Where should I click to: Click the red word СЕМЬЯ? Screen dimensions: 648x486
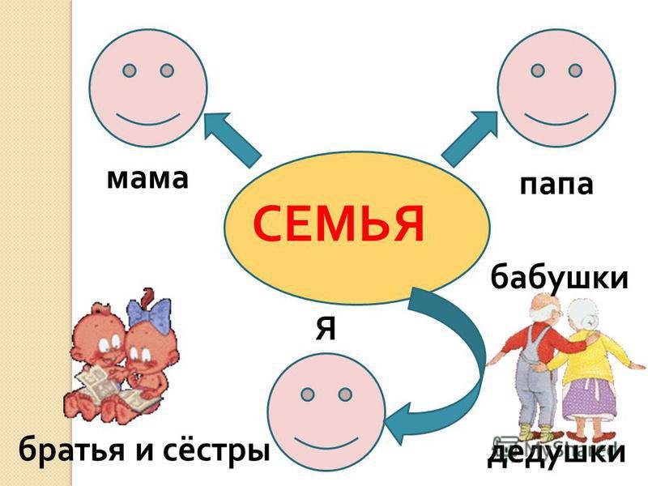pyautogui.click(x=339, y=224)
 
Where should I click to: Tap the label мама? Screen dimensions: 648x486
pyautogui.click(x=147, y=179)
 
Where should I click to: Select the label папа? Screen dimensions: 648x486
pyautogui.click(x=556, y=185)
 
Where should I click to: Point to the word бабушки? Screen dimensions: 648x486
pyautogui.click(x=559, y=277)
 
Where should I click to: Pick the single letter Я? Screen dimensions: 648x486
pyautogui.click(x=326, y=329)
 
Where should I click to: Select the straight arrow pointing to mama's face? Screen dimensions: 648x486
pyautogui.click(x=232, y=139)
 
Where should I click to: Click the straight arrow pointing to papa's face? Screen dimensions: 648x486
pyautogui.click(x=470, y=139)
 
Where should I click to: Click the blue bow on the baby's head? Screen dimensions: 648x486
pyautogui.click(x=150, y=315)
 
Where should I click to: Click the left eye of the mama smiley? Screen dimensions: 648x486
pyautogui.click(x=130, y=70)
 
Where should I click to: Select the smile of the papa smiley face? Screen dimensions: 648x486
pyautogui.click(x=556, y=119)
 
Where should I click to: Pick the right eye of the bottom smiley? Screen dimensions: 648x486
pyautogui.click(x=345, y=394)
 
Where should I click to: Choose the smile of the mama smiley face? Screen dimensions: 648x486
pyautogui.click(x=148, y=118)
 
